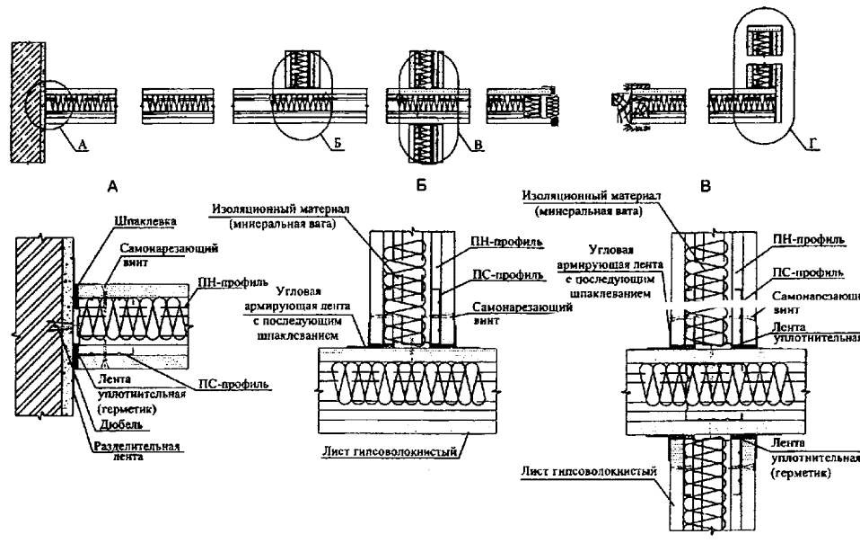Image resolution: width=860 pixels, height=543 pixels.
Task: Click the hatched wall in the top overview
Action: tap(27, 93)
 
